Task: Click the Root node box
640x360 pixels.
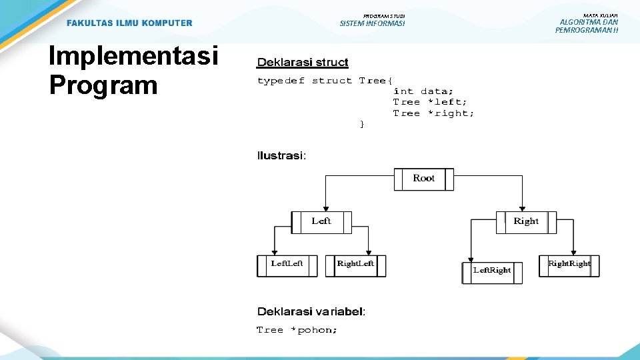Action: [x=423, y=179]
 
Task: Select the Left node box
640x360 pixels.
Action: [x=321, y=221]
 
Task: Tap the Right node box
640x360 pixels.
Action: [x=526, y=221]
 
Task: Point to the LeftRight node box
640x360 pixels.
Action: [x=492, y=271]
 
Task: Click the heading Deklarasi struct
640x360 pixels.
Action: [x=303, y=63]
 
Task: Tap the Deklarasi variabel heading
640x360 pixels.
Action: [x=311, y=311]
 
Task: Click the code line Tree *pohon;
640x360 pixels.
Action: [x=297, y=330]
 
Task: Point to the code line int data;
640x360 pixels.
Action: [x=423, y=91]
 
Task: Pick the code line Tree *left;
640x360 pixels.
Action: [x=430, y=102]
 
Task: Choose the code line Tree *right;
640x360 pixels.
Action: [x=433, y=113]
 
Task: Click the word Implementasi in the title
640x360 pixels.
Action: [x=133, y=57]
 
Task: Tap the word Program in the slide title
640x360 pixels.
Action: [x=103, y=85]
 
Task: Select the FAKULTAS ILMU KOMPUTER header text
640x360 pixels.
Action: [x=129, y=23]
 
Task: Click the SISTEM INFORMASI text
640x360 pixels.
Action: [x=372, y=24]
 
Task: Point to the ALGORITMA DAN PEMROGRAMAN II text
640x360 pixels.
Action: [x=587, y=26]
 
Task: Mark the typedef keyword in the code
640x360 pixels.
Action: [x=281, y=81]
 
